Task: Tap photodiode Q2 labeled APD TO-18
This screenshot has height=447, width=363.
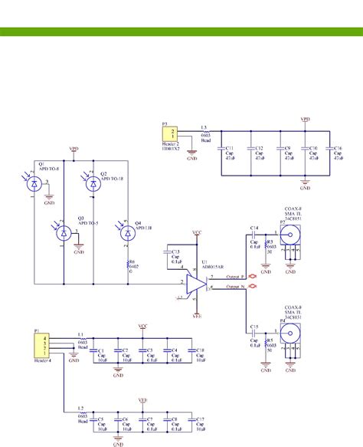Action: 93,183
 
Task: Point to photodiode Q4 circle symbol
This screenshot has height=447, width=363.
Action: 129,234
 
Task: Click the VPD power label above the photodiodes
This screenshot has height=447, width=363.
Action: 74,149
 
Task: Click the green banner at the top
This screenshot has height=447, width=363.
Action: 181,31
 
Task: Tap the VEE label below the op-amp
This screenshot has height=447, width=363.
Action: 197,314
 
